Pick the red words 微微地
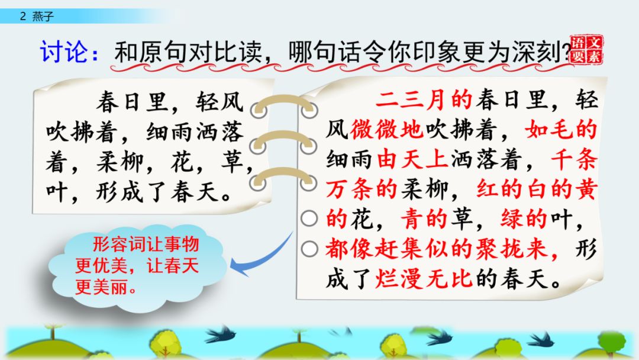click(x=386, y=130)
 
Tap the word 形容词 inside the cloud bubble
click(x=118, y=244)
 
